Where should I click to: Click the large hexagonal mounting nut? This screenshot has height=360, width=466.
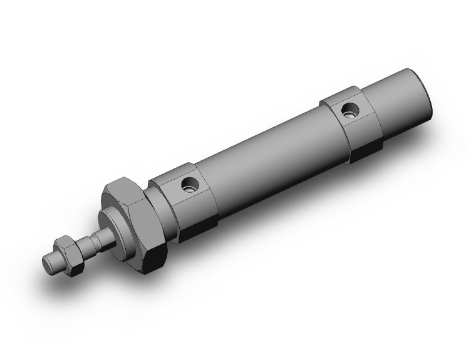tap(135, 222)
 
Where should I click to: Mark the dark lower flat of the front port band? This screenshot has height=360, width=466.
tap(199, 229)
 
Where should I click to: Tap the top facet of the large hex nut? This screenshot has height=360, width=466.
tap(122, 185)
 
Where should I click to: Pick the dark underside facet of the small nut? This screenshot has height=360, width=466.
tap(75, 267)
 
